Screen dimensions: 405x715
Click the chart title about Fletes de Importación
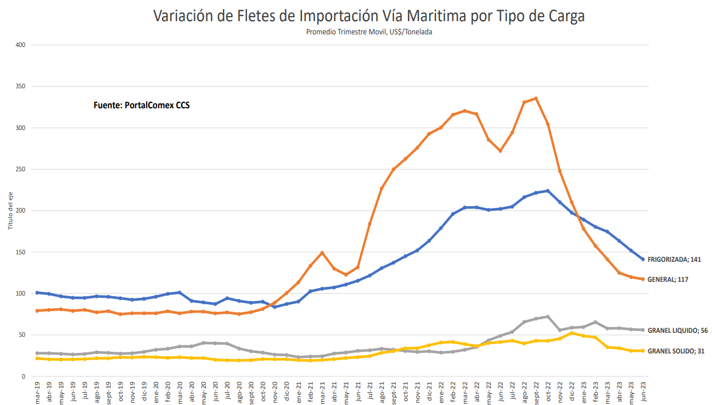(x=368, y=16)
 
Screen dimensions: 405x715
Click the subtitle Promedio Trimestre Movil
(x=369, y=32)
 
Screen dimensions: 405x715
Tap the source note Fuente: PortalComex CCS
(x=142, y=105)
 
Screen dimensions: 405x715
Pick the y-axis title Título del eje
(x=10, y=211)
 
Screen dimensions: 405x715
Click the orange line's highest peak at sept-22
(x=536, y=99)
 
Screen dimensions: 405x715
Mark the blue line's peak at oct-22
(x=548, y=191)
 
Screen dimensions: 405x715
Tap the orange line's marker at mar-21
(x=322, y=253)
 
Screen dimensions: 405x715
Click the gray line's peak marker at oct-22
(x=548, y=317)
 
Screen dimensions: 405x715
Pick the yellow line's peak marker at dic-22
(x=571, y=333)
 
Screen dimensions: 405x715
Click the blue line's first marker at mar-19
(x=37, y=293)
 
